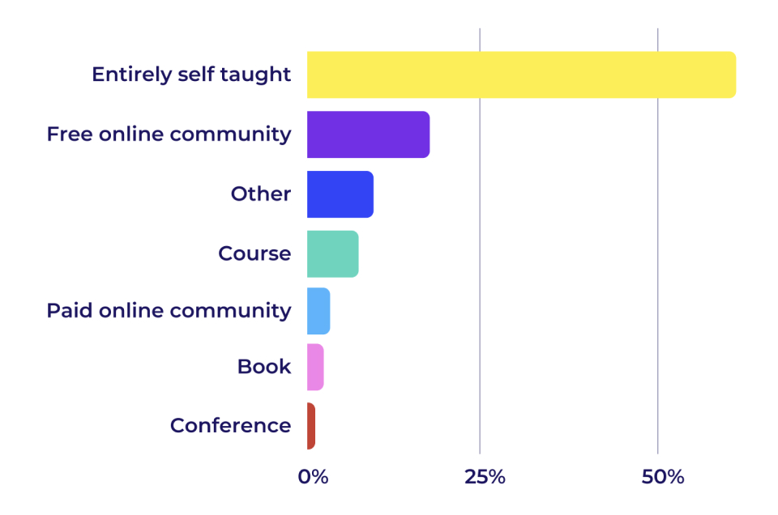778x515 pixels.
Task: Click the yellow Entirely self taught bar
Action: (x=521, y=74)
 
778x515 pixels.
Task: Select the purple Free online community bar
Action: (x=368, y=134)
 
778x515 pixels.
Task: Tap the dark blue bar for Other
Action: (x=340, y=194)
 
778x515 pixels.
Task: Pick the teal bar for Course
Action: (x=332, y=253)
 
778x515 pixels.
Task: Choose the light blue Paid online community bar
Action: (x=318, y=311)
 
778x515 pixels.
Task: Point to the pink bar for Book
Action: (x=315, y=367)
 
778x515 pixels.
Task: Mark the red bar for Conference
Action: (x=311, y=426)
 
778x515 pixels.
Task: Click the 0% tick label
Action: (x=313, y=477)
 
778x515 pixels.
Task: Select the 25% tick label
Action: (x=485, y=477)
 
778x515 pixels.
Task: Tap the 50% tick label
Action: (x=662, y=477)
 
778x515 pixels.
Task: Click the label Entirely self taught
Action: (x=191, y=74)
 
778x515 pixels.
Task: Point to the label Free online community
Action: (x=169, y=134)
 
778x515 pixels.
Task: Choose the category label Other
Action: (x=261, y=194)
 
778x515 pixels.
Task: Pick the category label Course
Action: (x=254, y=253)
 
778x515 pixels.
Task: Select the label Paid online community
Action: (x=169, y=311)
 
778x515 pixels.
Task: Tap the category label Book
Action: (x=264, y=367)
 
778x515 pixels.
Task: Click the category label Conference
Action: (x=230, y=426)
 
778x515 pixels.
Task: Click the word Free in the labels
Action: (x=70, y=134)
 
